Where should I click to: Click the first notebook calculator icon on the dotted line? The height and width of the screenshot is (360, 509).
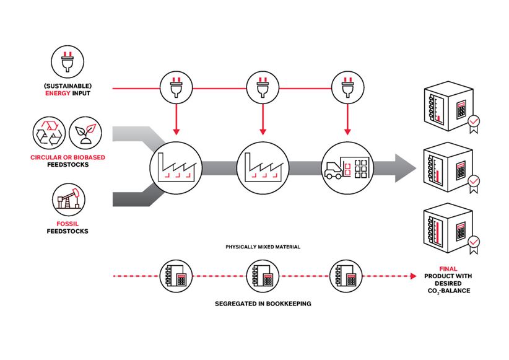pos(175,274)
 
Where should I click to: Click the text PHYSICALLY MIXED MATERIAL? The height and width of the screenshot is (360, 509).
pos(263,247)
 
